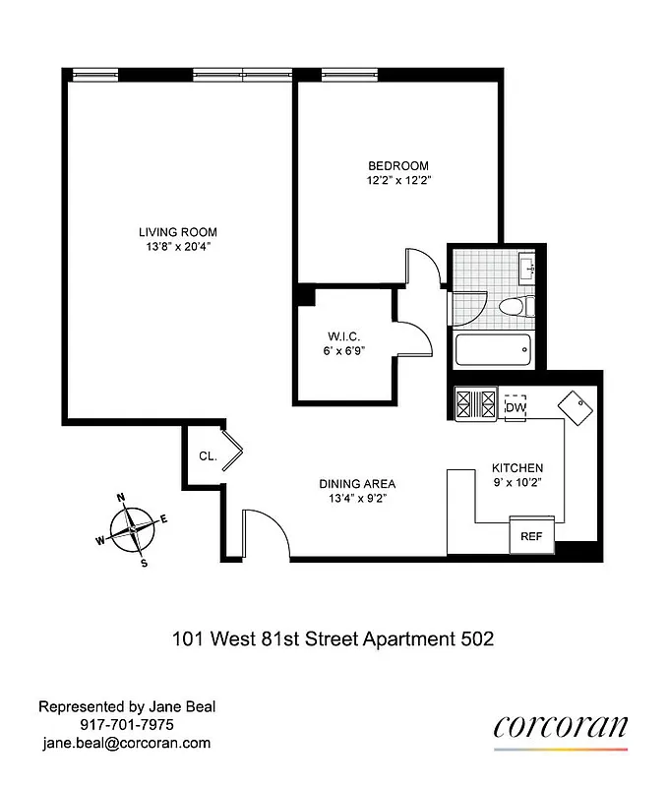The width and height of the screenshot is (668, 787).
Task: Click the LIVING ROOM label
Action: (x=176, y=232)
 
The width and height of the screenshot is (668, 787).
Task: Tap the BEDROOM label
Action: (x=398, y=165)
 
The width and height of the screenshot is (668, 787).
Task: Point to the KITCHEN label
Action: (x=517, y=467)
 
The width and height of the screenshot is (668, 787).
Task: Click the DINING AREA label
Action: (x=357, y=483)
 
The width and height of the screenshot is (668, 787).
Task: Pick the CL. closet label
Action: (x=208, y=456)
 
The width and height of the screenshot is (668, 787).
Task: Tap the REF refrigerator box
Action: (x=531, y=536)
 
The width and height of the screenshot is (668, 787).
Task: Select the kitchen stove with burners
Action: (x=478, y=403)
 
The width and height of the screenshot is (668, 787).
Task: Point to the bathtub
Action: (x=492, y=349)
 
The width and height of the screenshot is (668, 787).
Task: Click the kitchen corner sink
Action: (x=576, y=405)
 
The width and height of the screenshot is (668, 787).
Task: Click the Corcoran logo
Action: (x=560, y=727)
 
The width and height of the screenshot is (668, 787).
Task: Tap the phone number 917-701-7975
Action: (x=124, y=725)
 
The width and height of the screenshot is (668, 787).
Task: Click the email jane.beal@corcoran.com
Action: (x=124, y=743)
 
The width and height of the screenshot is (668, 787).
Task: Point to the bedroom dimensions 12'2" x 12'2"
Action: (x=398, y=180)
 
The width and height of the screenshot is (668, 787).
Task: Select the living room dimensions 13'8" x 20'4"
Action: (x=176, y=247)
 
